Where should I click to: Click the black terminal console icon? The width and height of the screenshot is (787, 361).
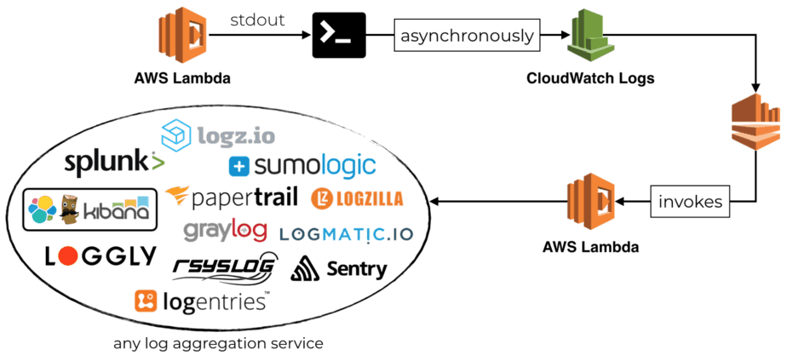[339, 36]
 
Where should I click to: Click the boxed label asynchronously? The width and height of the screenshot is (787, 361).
[468, 36]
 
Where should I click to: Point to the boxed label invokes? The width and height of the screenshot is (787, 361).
[690, 202]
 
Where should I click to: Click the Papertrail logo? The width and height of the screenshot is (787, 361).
[232, 198]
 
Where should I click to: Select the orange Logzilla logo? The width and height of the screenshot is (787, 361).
[358, 198]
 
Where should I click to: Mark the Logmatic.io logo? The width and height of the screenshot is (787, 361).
[346, 232]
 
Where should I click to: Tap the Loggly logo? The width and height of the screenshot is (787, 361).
[101, 255]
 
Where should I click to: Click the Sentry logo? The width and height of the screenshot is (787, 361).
[339, 269]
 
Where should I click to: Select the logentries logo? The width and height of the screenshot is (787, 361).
[202, 301]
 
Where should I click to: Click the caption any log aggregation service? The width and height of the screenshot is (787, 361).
[218, 344]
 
